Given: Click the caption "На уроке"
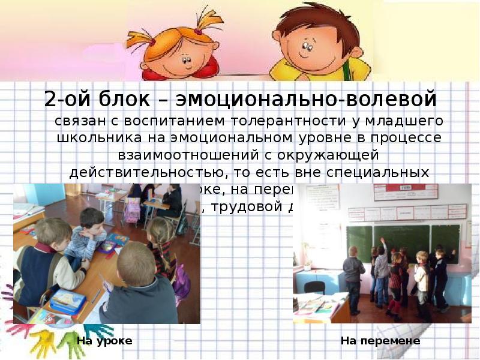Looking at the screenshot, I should point(104,341).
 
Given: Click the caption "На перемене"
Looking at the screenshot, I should point(380,341).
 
